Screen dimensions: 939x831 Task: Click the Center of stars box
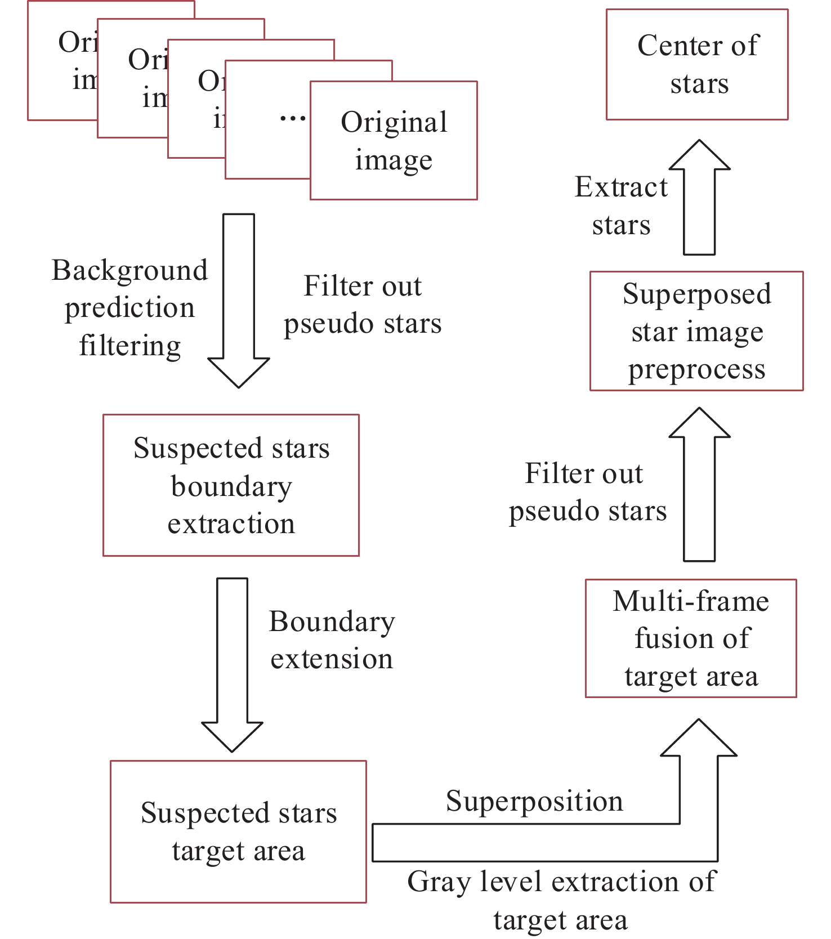click(x=697, y=64)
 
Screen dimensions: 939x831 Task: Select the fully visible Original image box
click(x=394, y=141)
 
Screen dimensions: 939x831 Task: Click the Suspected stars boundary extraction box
click(x=231, y=485)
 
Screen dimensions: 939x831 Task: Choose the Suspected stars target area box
click(x=238, y=831)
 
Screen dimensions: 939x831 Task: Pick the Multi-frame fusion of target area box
click(x=691, y=638)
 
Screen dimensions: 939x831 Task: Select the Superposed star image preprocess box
click(x=696, y=331)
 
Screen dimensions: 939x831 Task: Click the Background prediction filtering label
click(x=129, y=307)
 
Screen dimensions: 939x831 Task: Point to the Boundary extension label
click(x=332, y=640)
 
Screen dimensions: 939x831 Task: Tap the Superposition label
click(x=534, y=801)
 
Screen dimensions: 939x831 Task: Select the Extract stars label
click(x=621, y=205)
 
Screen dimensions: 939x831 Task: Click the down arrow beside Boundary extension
click(x=232, y=664)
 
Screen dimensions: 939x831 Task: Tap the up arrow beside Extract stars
click(x=699, y=197)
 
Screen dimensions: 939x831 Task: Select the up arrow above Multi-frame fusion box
click(x=699, y=484)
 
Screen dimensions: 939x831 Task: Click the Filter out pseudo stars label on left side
click(x=363, y=305)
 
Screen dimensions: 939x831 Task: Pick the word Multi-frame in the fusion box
click(x=691, y=601)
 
